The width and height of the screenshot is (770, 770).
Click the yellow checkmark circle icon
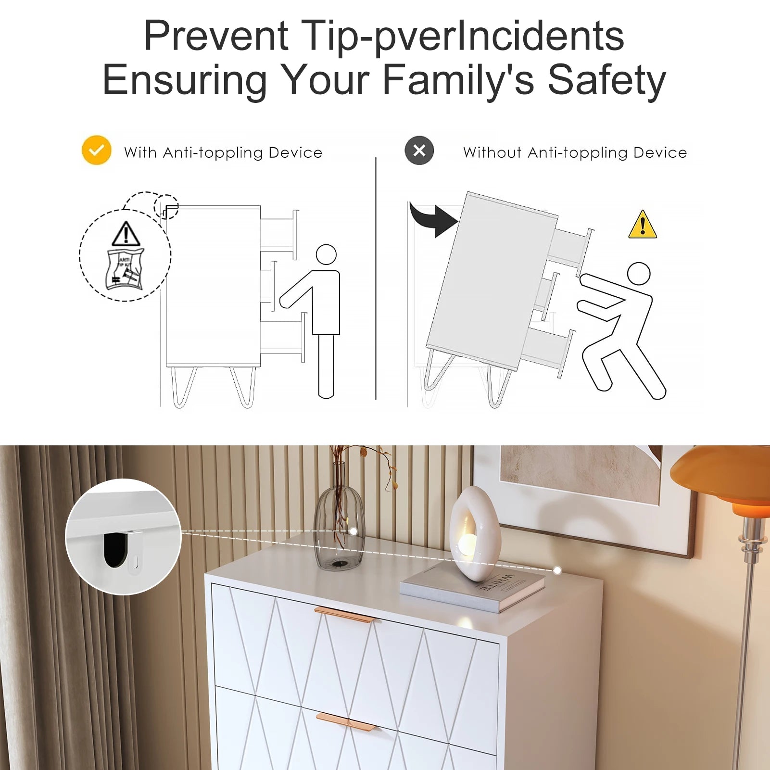[96, 150]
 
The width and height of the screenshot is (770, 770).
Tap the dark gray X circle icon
[419, 151]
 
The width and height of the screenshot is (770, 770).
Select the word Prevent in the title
[216, 36]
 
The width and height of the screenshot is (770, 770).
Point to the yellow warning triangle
[643, 225]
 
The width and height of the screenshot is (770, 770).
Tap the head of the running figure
[639, 274]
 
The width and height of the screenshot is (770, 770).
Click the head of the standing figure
[326, 254]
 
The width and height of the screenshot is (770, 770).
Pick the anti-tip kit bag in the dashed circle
[125, 269]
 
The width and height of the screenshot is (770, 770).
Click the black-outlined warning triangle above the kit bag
[126, 234]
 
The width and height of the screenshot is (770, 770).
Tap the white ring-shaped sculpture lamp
[474, 534]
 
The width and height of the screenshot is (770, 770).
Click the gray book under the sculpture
[472, 585]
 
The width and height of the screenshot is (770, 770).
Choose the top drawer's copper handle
[344, 615]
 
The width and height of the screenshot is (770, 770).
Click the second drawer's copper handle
[346, 722]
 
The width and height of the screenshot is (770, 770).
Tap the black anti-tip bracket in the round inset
[115, 550]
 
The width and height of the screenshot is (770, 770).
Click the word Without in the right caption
[492, 152]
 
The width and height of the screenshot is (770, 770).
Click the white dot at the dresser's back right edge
[557, 570]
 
